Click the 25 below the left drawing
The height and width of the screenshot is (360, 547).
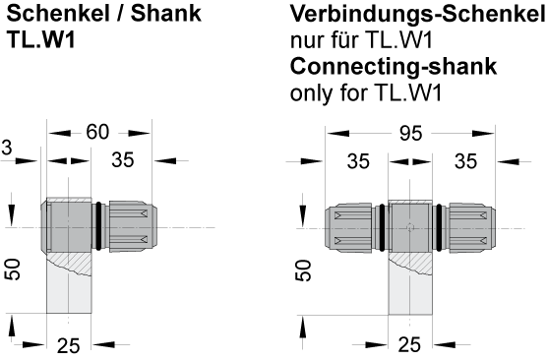point(69,344)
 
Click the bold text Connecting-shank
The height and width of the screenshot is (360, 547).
point(394,69)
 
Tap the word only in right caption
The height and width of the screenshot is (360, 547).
point(311,94)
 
